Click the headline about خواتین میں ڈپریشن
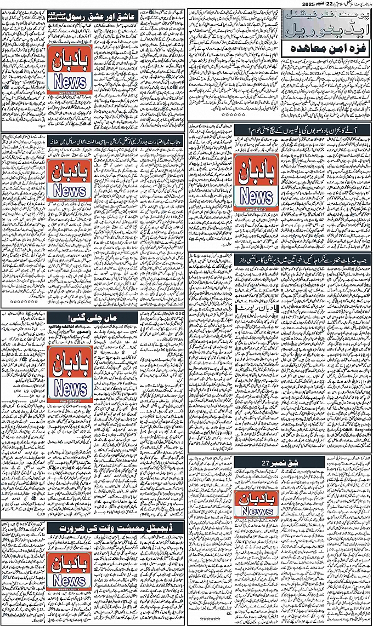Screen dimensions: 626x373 coord(280,257)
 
